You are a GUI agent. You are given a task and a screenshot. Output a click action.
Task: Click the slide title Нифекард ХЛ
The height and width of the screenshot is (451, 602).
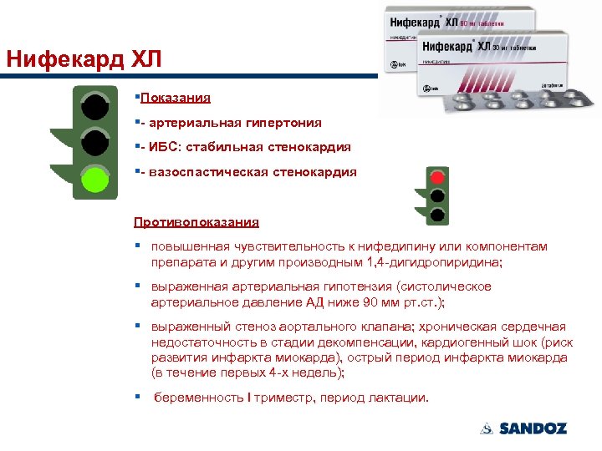[x=84, y=59]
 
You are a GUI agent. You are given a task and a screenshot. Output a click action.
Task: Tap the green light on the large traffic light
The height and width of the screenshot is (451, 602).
[x=95, y=179]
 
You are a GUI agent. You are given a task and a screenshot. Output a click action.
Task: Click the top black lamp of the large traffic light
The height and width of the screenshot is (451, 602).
[x=95, y=108]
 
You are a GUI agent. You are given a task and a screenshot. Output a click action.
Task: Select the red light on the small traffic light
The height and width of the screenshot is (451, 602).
[x=436, y=177]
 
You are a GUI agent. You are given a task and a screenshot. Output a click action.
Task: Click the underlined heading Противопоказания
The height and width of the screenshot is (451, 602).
[x=196, y=222]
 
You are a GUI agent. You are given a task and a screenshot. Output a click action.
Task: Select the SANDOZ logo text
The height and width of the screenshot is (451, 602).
[x=533, y=428]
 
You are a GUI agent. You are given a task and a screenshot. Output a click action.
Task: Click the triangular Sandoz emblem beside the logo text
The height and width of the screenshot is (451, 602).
[x=487, y=428]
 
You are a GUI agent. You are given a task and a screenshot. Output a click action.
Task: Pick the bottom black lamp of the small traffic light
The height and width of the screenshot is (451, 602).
[x=436, y=215]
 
